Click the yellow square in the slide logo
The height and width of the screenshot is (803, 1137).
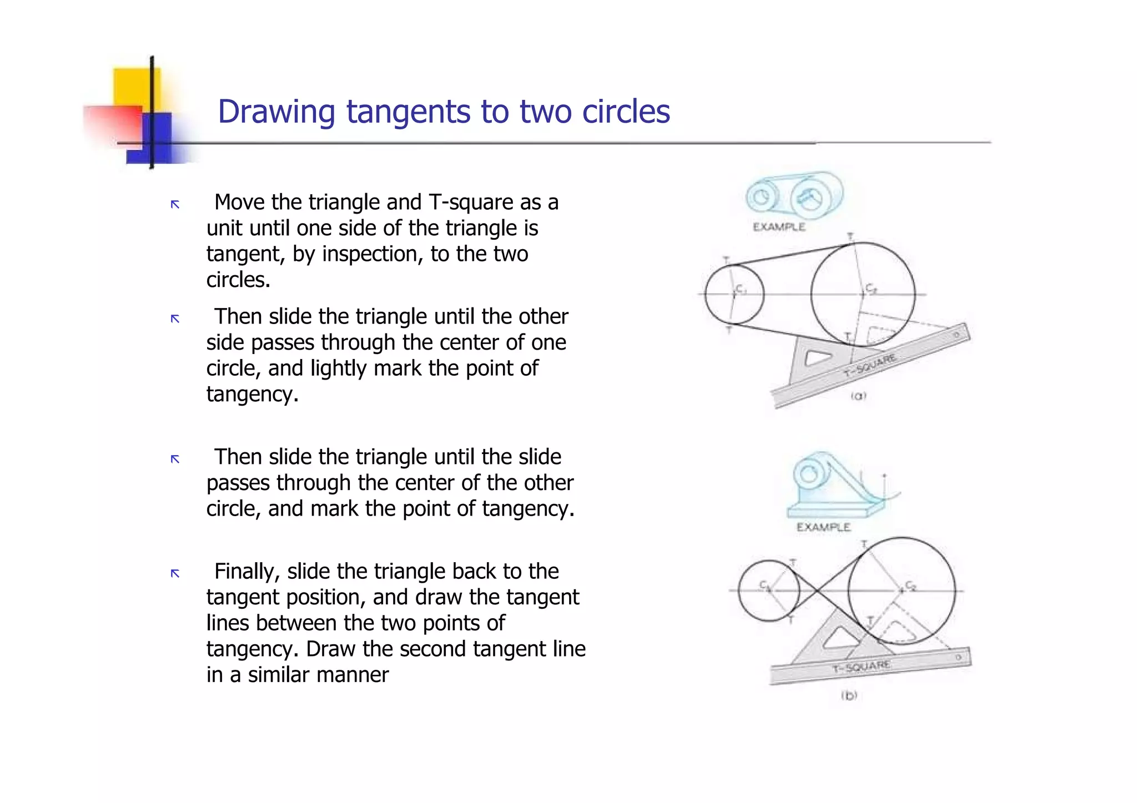[x=136, y=86]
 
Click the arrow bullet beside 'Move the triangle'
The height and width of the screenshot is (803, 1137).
[x=175, y=205]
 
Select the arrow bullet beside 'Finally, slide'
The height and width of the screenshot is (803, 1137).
[x=175, y=573]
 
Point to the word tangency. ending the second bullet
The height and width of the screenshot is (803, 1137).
[x=252, y=395]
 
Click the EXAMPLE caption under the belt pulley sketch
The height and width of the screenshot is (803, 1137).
[x=779, y=227]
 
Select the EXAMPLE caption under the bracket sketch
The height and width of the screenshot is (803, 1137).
[x=823, y=527]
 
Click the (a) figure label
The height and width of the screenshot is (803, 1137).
[x=858, y=396]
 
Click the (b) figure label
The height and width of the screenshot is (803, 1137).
[x=849, y=695]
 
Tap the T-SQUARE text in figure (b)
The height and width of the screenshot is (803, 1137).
[x=861, y=666]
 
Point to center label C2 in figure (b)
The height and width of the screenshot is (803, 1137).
[x=911, y=585]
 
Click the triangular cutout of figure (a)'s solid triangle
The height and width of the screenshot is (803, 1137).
[x=817, y=358]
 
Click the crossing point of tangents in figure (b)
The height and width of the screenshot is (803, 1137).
[x=817, y=590]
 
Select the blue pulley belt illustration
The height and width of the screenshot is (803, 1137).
[x=793, y=198]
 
